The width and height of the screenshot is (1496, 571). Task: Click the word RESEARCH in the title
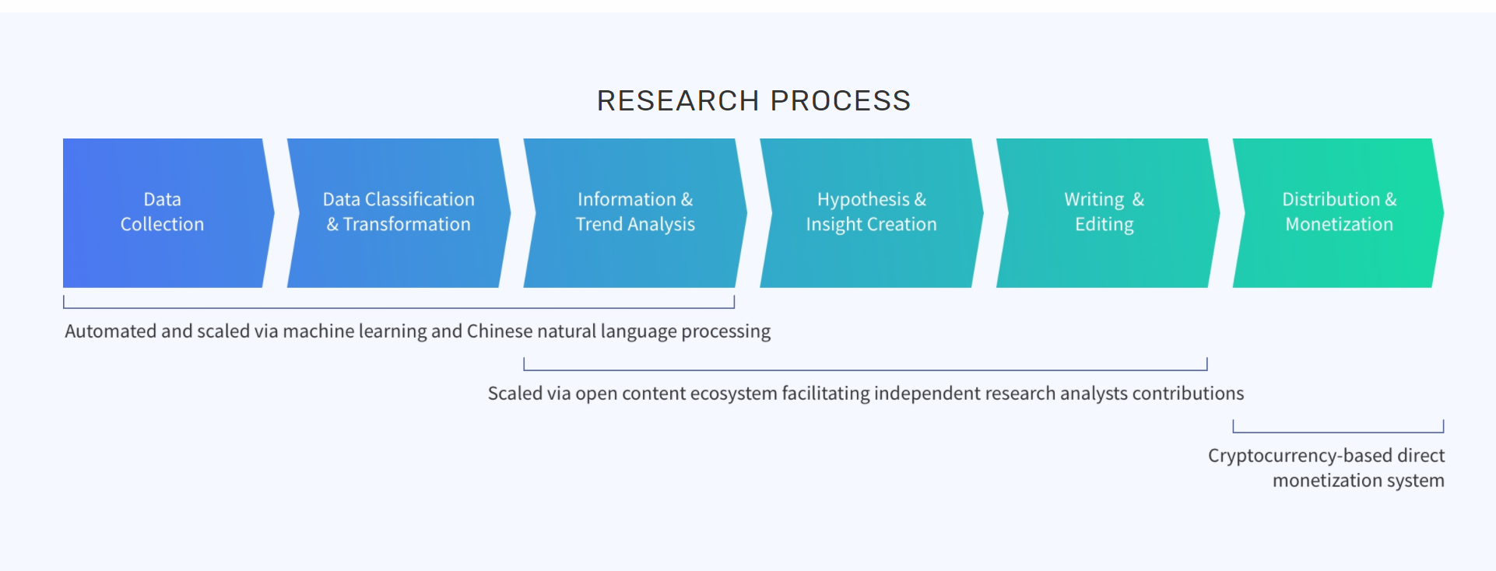[678, 100]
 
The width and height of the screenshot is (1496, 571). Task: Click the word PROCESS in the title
[841, 100]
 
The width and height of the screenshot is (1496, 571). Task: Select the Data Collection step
[168, 213]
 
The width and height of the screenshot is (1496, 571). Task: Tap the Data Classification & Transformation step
[399, 213]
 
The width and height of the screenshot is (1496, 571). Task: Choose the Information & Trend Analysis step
[635, 213]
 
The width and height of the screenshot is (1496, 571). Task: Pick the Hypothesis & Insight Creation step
[872, 213]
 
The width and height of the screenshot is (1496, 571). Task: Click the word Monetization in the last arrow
[1339, 224]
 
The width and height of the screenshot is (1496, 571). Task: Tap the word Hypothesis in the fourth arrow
[863, 200]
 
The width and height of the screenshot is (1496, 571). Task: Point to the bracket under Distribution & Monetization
[1338, 432]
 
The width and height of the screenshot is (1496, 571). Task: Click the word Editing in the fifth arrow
[1104, 225]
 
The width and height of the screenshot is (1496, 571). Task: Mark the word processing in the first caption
[726, 332]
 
